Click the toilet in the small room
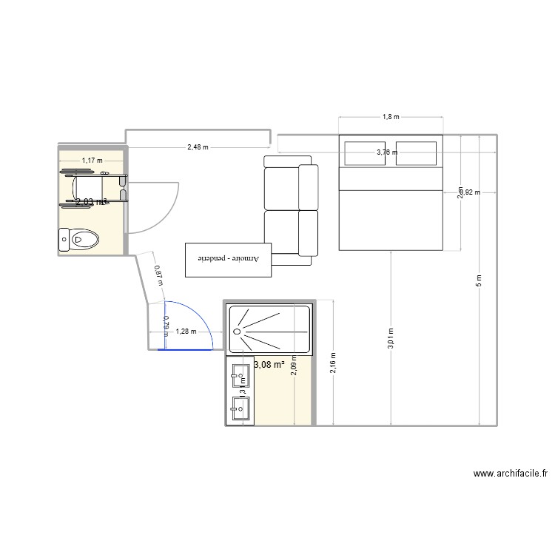click(79, 239)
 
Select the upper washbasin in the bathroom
click(240, 376)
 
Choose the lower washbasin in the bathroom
click(240, 408)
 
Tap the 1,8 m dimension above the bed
click(390, 117)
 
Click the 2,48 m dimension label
click(198, 147)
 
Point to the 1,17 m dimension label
click(92, 160)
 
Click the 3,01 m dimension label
click(390, 340)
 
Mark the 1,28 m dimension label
click(186, 332)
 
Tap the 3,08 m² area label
click(269, 364)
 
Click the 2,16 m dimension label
click(334, 363)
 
